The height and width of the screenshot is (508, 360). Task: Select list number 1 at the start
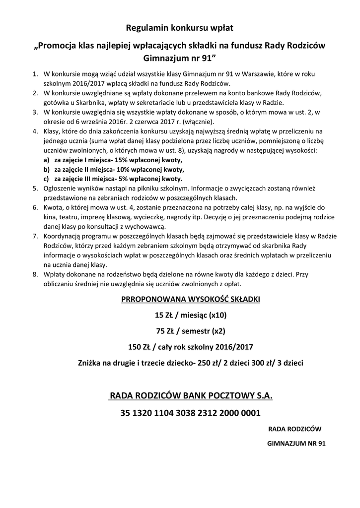pos(35,74)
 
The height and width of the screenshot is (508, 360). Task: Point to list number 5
pos(35,189)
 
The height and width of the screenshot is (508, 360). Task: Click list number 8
pos(35,274)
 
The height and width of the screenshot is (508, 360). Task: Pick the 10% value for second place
pos(125,170)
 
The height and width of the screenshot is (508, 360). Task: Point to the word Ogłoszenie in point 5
pos(61,189)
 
